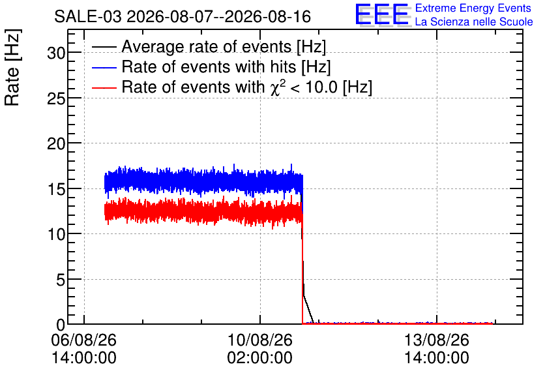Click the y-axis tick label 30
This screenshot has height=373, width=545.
click(x=56, y=53)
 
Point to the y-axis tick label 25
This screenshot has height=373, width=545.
click(x=56, y=98)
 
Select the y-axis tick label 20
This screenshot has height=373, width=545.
click(x=56, y=144)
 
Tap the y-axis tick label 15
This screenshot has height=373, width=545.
click(x=56, y=190)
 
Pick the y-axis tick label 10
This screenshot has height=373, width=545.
click(x=56, y=235)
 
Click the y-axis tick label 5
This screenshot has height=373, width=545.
click(x=61, y=280)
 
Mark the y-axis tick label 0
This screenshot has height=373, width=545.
click(x=61, y=325)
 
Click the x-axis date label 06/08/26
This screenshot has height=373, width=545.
click(x=83, y=340)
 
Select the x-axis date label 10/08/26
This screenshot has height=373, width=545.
click(x=260, y=340)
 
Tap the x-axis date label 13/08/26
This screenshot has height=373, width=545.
click(x=437, y=340)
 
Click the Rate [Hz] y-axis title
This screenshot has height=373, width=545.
click(x=12, y=67)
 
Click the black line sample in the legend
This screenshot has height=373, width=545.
click(x=104, y=47)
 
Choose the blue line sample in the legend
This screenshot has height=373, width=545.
click(x=104, y=67)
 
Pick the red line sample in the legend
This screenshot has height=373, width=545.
click(x=104, y=87)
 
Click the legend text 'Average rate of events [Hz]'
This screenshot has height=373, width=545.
click(x=224, y=47)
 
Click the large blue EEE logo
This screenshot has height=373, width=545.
click(x=382, y=14)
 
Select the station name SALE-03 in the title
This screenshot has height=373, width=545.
click(x=88, y=17)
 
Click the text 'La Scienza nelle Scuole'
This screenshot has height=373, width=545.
click(x=474, y=22)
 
